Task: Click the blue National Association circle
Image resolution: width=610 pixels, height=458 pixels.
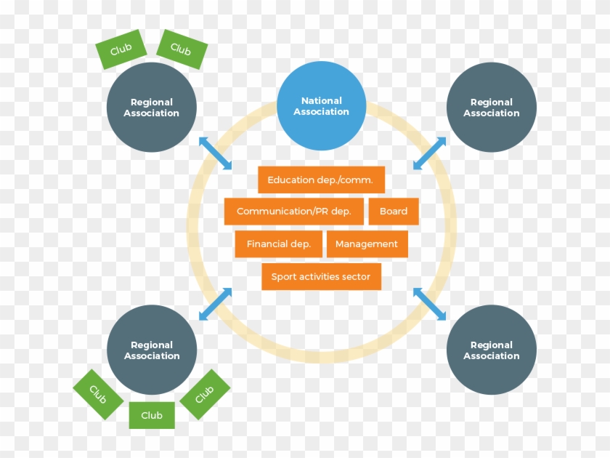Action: pos(322,106)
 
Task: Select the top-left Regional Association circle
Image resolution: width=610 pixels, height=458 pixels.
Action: pos(151,108)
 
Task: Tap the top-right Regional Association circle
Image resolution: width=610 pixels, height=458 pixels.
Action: pos(492,108)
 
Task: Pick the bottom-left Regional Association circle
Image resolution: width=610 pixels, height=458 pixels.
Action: pos(151,350)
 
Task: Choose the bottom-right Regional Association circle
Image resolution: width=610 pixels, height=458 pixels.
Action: pos(492,350)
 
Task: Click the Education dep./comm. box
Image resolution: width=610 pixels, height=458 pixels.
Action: pos(321,180)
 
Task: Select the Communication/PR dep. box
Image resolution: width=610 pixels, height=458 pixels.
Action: pos(294,212)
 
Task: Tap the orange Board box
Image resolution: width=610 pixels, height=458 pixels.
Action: pos(394,212)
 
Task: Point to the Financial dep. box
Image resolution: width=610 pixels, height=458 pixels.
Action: pos(279,244)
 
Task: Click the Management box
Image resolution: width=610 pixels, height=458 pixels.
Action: pos(367,244)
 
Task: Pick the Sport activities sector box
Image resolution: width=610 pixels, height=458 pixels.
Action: pos(321,277)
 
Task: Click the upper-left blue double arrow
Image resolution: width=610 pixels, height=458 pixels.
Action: pos(216,152)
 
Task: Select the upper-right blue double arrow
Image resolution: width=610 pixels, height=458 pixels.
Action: pos(430,153)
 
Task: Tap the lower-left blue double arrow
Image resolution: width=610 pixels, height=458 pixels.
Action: pos(216,304)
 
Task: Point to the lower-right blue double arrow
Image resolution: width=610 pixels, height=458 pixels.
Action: pos(430,304)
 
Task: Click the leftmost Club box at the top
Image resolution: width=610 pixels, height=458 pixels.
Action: pos(121,50)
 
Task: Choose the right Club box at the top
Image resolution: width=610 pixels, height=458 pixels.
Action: pos(182,49)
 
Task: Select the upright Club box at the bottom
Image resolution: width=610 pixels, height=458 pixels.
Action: pos(152,415)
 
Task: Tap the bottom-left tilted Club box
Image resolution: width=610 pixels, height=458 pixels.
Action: pos(98,394)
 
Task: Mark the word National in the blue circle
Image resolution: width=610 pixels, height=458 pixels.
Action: pos(322,101)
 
